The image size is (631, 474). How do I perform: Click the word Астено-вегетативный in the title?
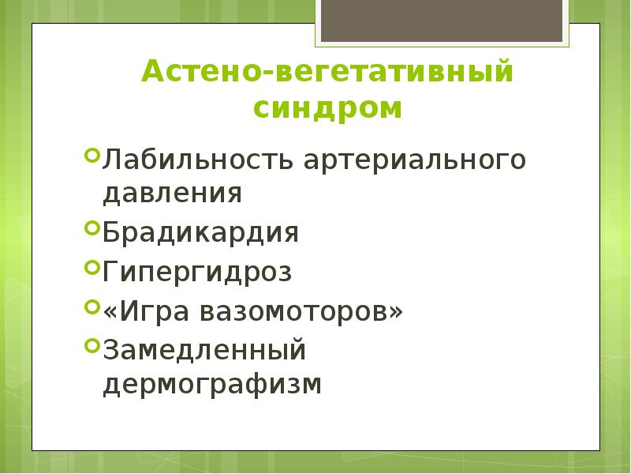(327, 73)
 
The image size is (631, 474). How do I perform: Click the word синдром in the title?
(327, 108)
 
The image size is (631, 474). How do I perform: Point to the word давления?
(171, 194)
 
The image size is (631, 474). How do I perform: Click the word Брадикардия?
(200, 234)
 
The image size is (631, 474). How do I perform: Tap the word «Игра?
(150, 311)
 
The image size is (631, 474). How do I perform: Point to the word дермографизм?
(212, 385)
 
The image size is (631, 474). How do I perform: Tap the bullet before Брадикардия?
(91, 228)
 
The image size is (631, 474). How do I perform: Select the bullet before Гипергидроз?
(91, 267)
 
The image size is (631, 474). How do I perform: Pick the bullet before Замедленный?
(91, 343)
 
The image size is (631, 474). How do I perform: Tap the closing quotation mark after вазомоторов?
(395, 311)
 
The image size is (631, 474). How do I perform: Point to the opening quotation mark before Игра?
(109, 311)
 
